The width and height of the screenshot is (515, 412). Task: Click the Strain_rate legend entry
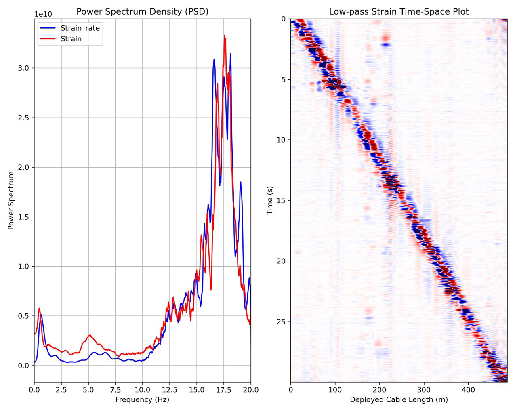(x=80, y=28)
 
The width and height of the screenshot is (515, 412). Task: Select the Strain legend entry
(x=71, y=39)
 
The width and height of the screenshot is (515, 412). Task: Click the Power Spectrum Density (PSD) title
(x=142, y=11)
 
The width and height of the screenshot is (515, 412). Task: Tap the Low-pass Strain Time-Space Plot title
(x=399, y=11)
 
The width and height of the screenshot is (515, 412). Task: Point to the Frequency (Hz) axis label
(x=142, y=400)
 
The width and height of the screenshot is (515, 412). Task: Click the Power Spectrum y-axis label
(x=11, y=200)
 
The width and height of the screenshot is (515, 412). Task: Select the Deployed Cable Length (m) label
(x=399, y=400)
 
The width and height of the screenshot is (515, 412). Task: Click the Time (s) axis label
(x=269, y=200)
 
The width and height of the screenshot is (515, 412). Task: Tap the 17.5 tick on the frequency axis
(x=224, y=390)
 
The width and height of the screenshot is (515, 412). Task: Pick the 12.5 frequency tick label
(x=170, y=390)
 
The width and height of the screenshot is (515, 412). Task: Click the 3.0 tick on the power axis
(x=23, y=68)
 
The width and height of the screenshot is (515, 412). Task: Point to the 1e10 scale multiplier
(x=43, y=15)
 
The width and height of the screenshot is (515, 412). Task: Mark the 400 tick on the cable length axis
(x=468, y=390)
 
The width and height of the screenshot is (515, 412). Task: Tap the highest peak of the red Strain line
(x=224, y=36)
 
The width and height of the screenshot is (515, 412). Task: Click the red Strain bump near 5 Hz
(x=90, y=335)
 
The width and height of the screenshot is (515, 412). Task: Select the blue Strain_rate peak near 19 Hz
(x=240, y=182)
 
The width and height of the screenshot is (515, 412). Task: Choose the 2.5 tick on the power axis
(x=23, y=118)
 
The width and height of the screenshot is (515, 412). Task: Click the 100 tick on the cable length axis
(x=335, y=390)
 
